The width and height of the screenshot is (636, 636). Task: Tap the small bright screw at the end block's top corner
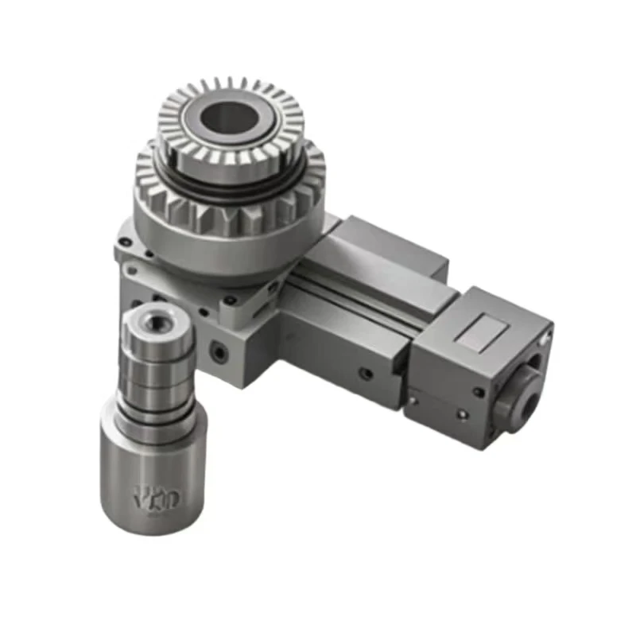coord(545,338)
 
